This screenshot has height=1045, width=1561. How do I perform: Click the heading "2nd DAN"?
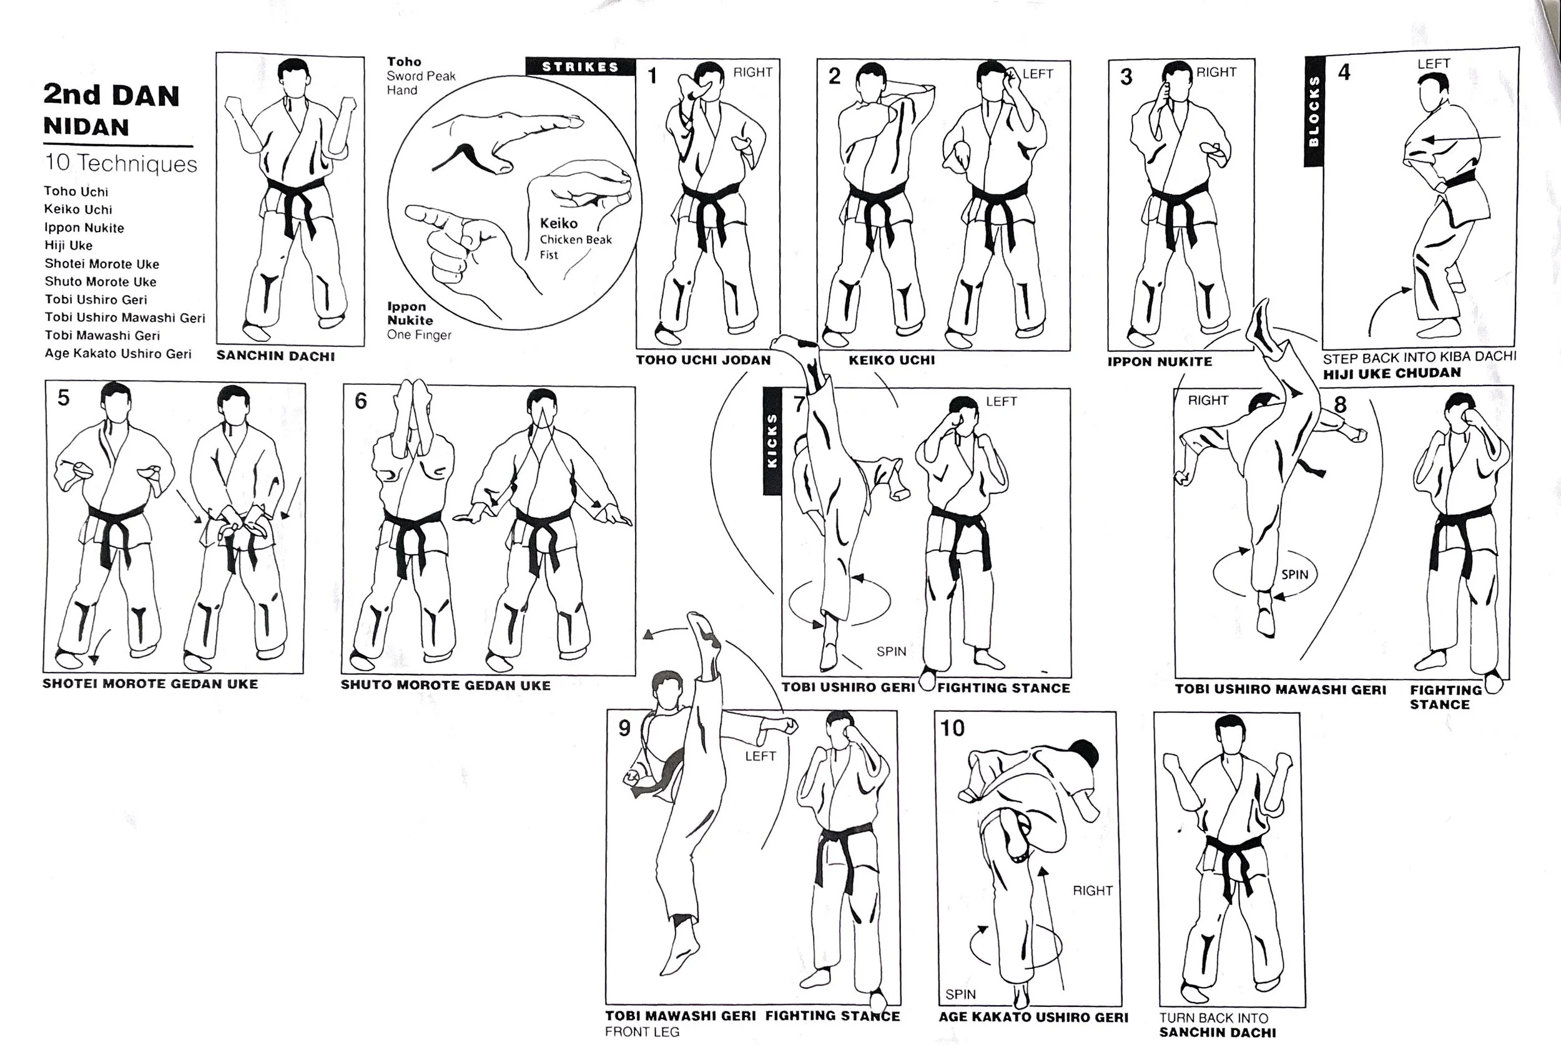point(111,95)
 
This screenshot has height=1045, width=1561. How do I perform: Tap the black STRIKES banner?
point(580,67)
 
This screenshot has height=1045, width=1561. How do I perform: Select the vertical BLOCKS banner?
point(1314,110)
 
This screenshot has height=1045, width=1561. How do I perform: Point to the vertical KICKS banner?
point(772,441)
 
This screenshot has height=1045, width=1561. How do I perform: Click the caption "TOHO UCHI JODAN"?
point(703,361)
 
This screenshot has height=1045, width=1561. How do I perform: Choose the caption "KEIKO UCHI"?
point(892,361)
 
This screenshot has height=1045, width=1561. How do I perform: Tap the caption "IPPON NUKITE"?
point(1160,362)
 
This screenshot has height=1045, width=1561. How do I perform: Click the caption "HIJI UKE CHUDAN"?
point(1392,373)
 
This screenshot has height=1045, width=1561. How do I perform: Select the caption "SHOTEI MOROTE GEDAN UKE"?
point(150,684)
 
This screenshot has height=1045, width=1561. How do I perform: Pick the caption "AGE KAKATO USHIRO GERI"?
point(1033,1018)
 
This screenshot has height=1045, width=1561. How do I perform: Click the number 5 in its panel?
point(63,398)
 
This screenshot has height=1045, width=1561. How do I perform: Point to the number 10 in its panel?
point(952,729)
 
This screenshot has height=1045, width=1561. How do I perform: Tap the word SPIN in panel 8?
point(1294,575)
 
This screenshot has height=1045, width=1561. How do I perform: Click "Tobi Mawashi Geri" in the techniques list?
point(102,335)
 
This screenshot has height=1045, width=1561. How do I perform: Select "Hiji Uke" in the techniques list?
point(69,245)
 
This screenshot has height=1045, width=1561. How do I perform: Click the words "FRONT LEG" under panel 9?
point(642,1033)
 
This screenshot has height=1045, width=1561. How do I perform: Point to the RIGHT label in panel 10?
point(1092,890)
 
